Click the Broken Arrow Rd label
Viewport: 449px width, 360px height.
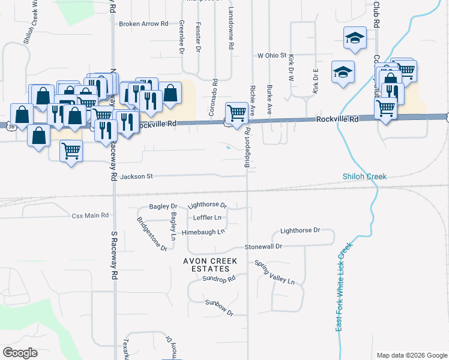point(143,24)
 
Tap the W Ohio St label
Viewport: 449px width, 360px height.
point(272,55)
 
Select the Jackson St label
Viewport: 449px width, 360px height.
point(137,176)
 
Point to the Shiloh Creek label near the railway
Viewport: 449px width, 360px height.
point(364,176)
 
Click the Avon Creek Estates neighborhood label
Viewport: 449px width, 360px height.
point(211,265)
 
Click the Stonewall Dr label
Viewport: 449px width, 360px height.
point(263,247)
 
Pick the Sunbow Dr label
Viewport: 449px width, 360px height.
point(217,307)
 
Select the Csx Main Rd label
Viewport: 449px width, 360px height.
point(90,215)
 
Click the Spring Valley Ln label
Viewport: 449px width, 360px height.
point(275,272)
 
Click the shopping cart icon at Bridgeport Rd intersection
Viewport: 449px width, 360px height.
point(237,112)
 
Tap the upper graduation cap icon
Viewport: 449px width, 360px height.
point(355,38)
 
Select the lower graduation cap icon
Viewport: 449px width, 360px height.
point(342,73)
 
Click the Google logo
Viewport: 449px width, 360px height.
point(20,353)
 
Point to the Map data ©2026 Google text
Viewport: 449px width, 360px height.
point(411,355)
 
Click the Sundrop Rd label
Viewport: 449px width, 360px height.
point(218,279)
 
